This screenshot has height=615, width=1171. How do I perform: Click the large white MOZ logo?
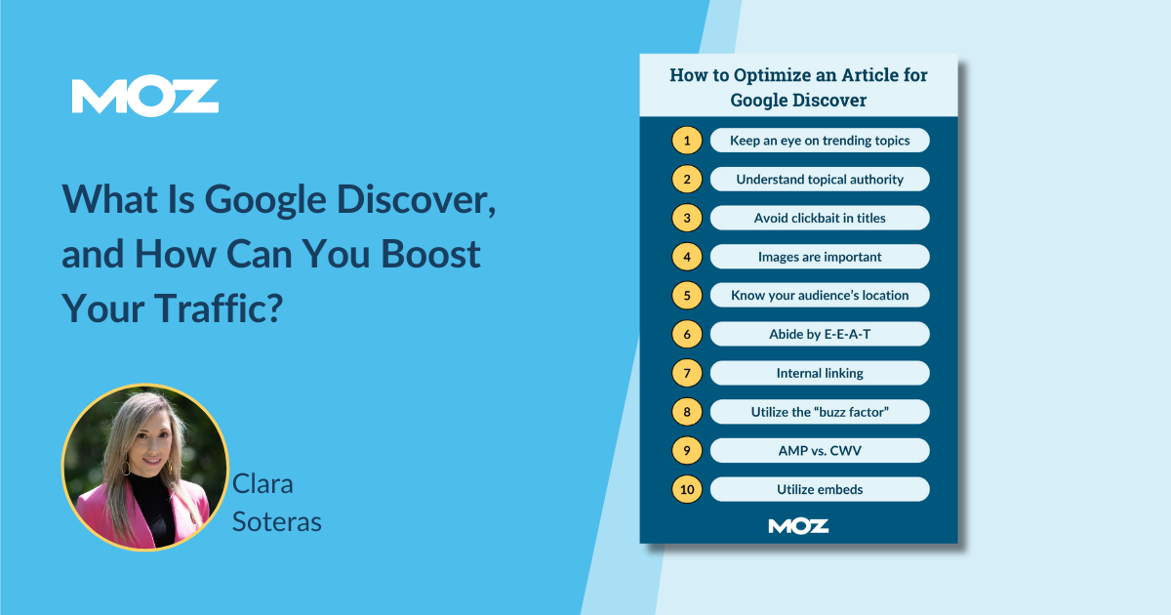[x=144, y=97]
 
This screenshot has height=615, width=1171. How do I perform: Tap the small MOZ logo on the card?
[x=798, y=526]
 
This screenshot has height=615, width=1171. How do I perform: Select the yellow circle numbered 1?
[x=687, y=141]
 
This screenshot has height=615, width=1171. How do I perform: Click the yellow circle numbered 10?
[x=687, y=489]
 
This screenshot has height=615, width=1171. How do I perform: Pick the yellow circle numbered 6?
[x=687, y=334]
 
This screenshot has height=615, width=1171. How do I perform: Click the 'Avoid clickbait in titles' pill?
[x=820, y=218]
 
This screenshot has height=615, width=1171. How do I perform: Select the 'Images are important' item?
[x=820, y=257]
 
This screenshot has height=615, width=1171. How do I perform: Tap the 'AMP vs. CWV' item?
[x=820, y=451]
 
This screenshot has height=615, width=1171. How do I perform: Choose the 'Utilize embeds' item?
[x=820, y=489]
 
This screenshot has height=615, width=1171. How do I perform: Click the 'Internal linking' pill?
[x=820, y=373]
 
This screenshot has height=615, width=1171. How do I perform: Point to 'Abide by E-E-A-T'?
[x=820, y=334]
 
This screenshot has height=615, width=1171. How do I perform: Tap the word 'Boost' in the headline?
[x=430, y=254]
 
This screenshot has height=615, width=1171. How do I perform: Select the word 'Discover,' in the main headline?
[x=416, y=200]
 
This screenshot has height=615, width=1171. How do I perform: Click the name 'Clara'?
[x=262, y=484]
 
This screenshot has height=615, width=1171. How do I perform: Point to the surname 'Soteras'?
[x=276, y=522]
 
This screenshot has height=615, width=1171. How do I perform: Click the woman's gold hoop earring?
[x=126, y=467]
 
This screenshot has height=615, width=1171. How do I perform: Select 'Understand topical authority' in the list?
[x=820, y=180]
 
